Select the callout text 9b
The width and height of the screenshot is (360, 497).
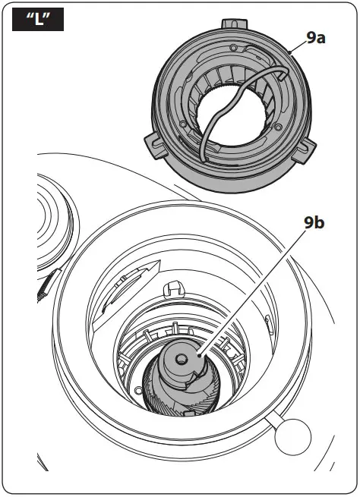point(315,223)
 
